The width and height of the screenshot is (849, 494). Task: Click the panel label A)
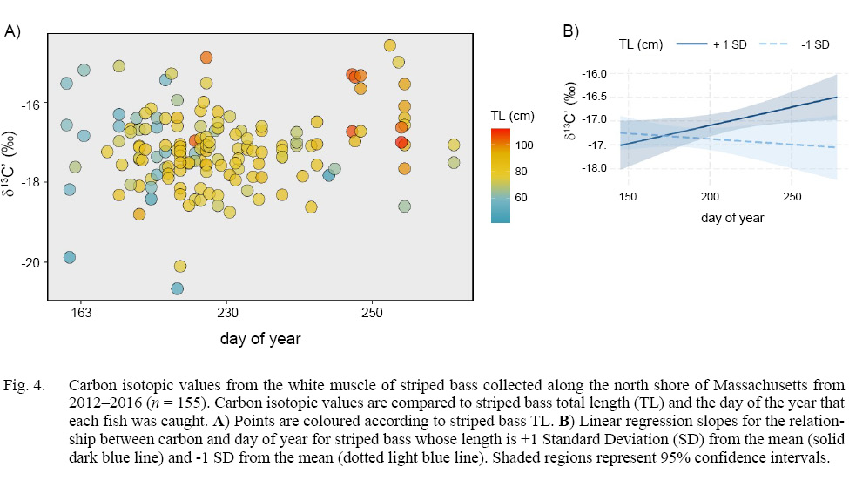click(x=13, y=31)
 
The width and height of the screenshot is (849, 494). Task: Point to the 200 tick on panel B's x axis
click(x=710, y=197)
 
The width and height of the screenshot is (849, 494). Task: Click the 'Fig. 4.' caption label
click(x=24, y=384)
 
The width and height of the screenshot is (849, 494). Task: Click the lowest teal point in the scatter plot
click(x=178, y=288)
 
